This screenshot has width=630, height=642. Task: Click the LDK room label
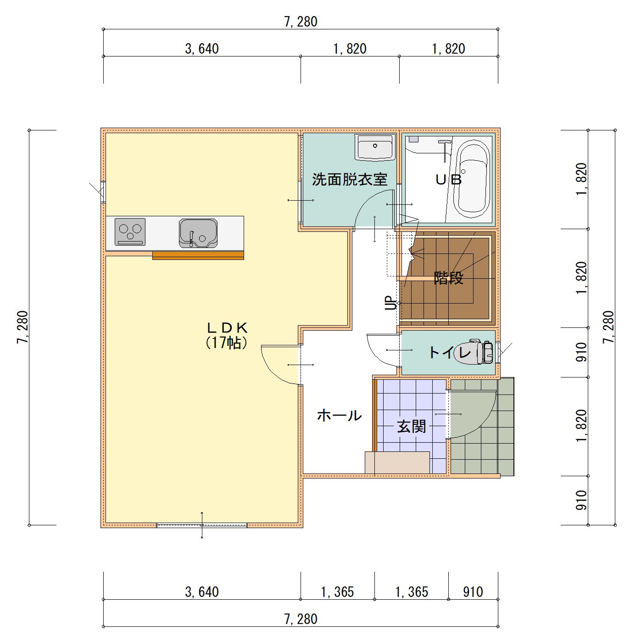(228, 328)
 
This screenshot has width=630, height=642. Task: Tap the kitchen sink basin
(198, 233)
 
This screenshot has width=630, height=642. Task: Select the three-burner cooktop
(130, 232)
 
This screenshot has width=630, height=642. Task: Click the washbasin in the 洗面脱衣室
(374, 147)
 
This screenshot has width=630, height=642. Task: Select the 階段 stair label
(449, 278)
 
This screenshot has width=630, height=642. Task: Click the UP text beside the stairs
(390, 303)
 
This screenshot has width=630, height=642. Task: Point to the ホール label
(339, 416)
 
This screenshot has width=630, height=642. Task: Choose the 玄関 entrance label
(412, 427)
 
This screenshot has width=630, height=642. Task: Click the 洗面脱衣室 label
(350, 180)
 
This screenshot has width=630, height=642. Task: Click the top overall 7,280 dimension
(301, 22)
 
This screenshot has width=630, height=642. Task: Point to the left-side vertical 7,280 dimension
(22, 327)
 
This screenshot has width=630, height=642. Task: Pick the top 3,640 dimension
(202, 49)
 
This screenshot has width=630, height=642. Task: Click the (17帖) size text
(226, 343)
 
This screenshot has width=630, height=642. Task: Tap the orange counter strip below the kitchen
(198, 255)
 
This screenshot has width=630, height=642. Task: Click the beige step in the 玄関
(397, 462)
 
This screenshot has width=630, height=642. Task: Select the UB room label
(448, 180)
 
